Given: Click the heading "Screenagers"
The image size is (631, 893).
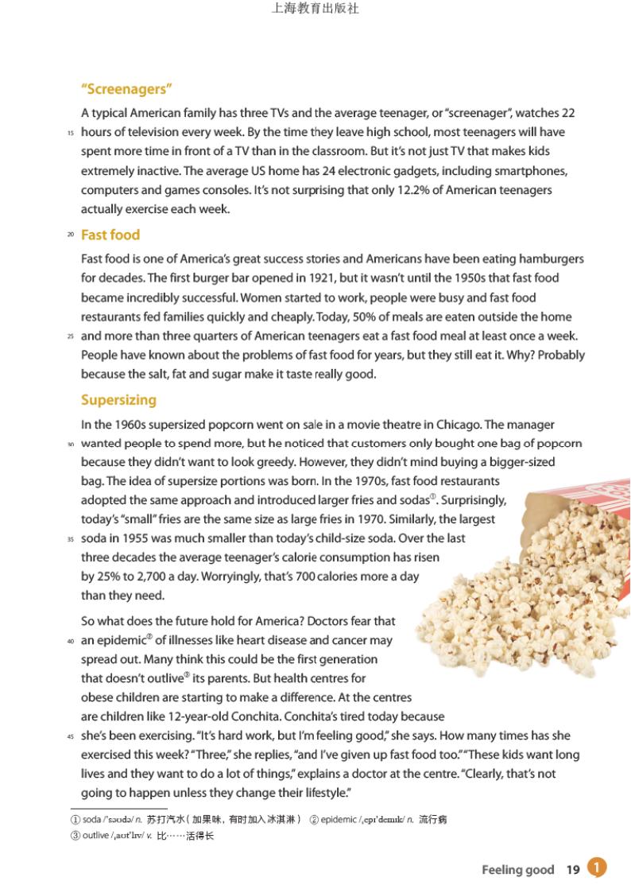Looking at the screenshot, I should pos(127,89).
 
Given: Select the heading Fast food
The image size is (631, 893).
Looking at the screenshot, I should pos(110,235).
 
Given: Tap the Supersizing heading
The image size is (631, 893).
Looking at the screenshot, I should pos(118,400).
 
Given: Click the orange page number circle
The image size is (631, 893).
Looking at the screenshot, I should pos(597,868).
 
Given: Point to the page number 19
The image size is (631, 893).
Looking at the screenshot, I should pos(573,870).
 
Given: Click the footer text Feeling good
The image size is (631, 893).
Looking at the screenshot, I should pos(517,870).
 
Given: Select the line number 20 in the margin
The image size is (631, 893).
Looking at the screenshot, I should pos(71,235).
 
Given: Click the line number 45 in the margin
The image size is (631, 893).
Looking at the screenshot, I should pos(71,736).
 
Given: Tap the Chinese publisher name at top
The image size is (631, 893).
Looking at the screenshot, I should pos(315,10).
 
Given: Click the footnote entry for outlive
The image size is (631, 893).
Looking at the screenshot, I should pos(143,836).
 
